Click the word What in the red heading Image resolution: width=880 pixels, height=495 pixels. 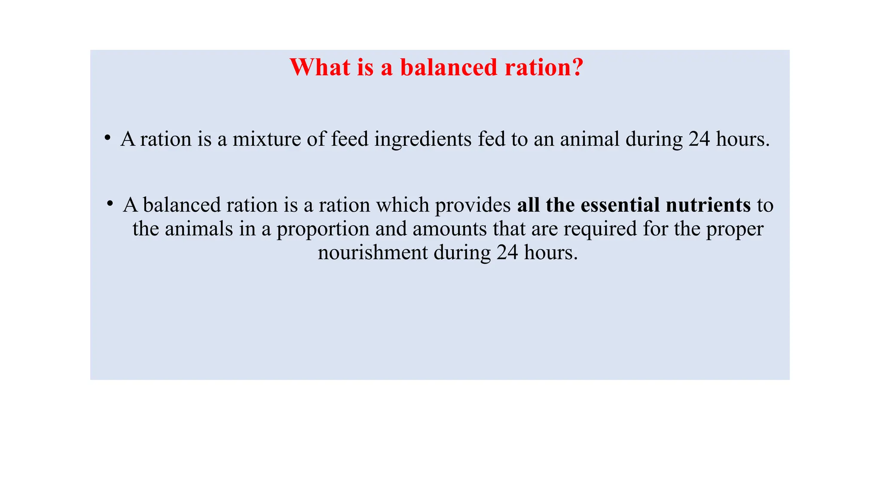(x=320, y=67)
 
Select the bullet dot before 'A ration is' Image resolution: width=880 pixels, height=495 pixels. (x=107, y=137)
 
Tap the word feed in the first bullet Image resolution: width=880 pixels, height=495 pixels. (x=350, y=139)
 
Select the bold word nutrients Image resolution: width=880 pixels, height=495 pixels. (x=708, y=205)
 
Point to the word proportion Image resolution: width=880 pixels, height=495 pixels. (x=323, y=229)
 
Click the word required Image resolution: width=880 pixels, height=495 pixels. (x=600, y=229)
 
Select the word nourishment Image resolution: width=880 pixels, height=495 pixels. (x=373, y=252)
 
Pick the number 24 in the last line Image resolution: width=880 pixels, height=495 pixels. (x=507, y=252)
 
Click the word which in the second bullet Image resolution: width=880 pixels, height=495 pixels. (x=403, y=205)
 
